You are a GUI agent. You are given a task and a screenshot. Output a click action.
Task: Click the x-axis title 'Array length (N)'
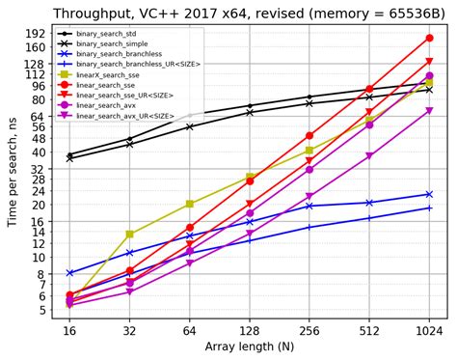coord(249,346)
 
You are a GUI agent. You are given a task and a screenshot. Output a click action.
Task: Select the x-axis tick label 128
coord(249,330)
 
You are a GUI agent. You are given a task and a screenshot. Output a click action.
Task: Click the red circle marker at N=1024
coord(429,38)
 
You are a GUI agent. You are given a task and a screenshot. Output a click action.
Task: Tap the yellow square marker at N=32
coord(130,235)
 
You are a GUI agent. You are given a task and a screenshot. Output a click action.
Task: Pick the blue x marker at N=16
coord(69,273)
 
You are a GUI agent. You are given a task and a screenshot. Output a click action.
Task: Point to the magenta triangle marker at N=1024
coord(429,111)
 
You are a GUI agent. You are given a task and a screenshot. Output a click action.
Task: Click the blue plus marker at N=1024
coord(429,208)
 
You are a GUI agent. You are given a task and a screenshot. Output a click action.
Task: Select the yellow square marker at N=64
coord(190,204)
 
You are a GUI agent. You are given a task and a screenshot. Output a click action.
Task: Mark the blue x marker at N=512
coord(369,203)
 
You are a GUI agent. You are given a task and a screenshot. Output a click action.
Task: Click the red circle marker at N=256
coord(309,136)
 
